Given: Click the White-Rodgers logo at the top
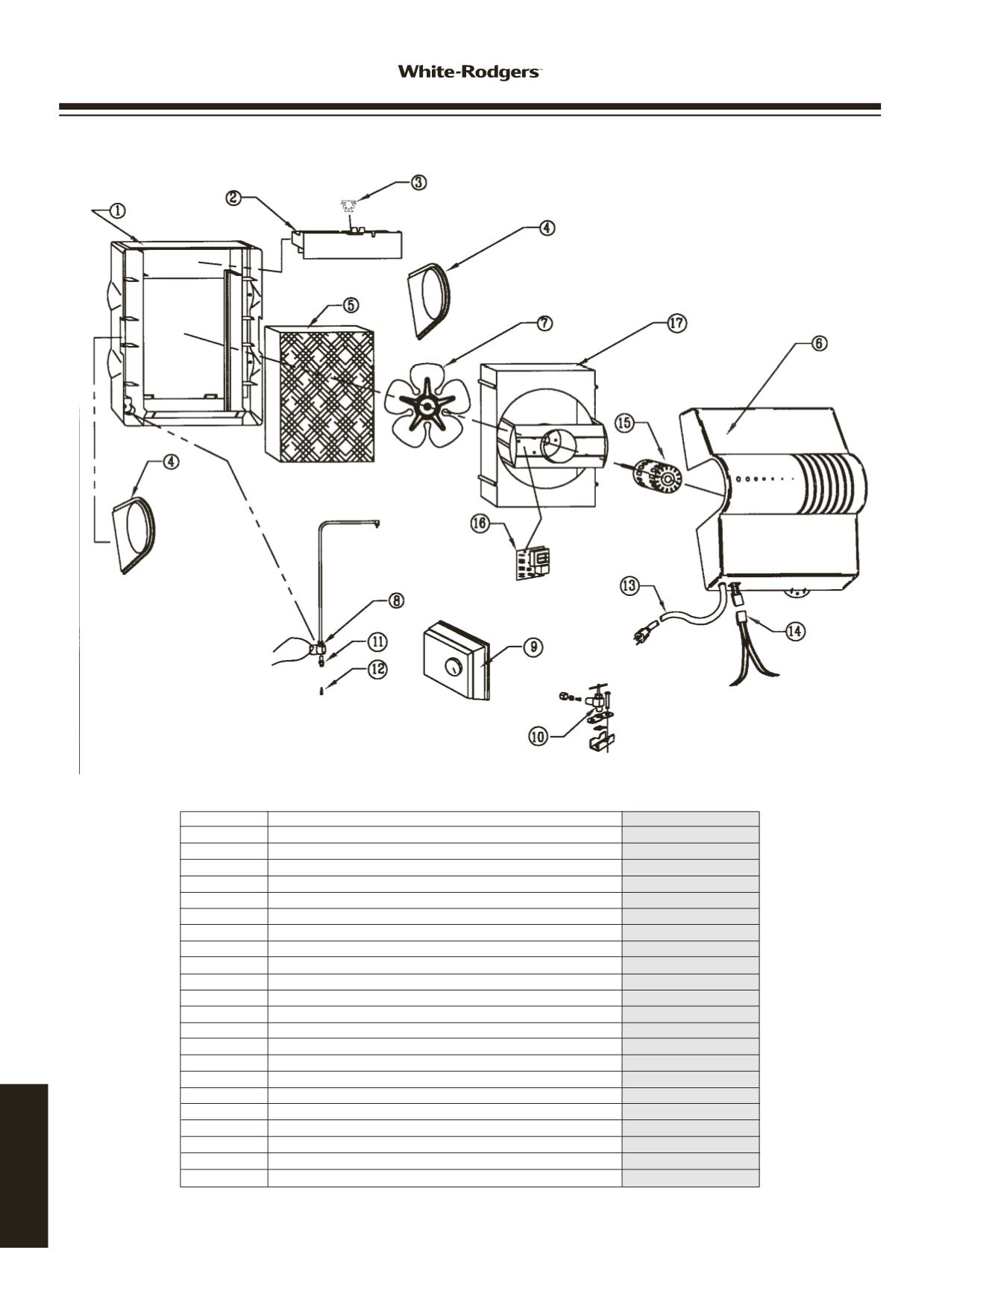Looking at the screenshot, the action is point(468,72).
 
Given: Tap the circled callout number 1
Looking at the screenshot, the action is point(117,210).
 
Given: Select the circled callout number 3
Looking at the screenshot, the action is point(420,183).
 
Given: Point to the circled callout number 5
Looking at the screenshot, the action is point(349,304).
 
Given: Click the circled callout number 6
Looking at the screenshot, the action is point(818,343).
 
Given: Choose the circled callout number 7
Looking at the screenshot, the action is point(546,323).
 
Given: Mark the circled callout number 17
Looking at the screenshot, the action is point(677,324).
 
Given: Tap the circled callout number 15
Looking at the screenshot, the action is point(624,423).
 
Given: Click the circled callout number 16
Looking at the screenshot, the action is point(480,524).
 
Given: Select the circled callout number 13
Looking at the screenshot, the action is point(630,585).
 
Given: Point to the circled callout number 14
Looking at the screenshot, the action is point(795,630).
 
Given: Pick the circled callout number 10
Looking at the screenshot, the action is point(538,737).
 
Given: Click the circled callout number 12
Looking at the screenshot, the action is point(378,669).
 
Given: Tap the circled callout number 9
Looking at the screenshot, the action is point(533,647).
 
